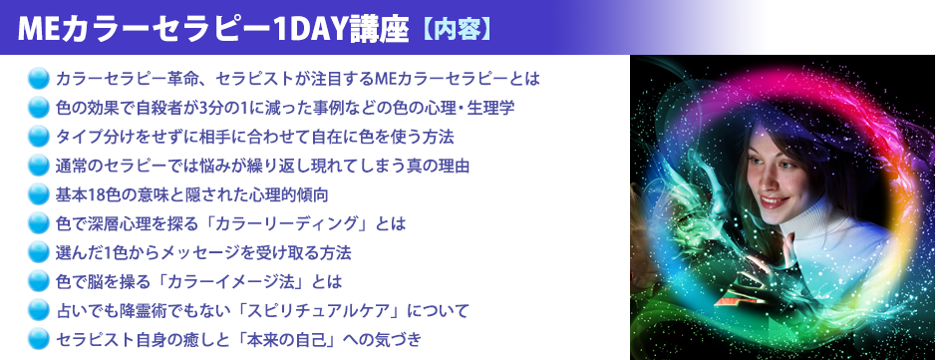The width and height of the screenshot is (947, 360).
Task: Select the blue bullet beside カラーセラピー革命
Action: tap(40, 78)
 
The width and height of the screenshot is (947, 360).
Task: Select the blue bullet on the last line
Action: tap(40, 339)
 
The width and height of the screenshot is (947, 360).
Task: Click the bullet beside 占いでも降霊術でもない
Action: tap(40, 310)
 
